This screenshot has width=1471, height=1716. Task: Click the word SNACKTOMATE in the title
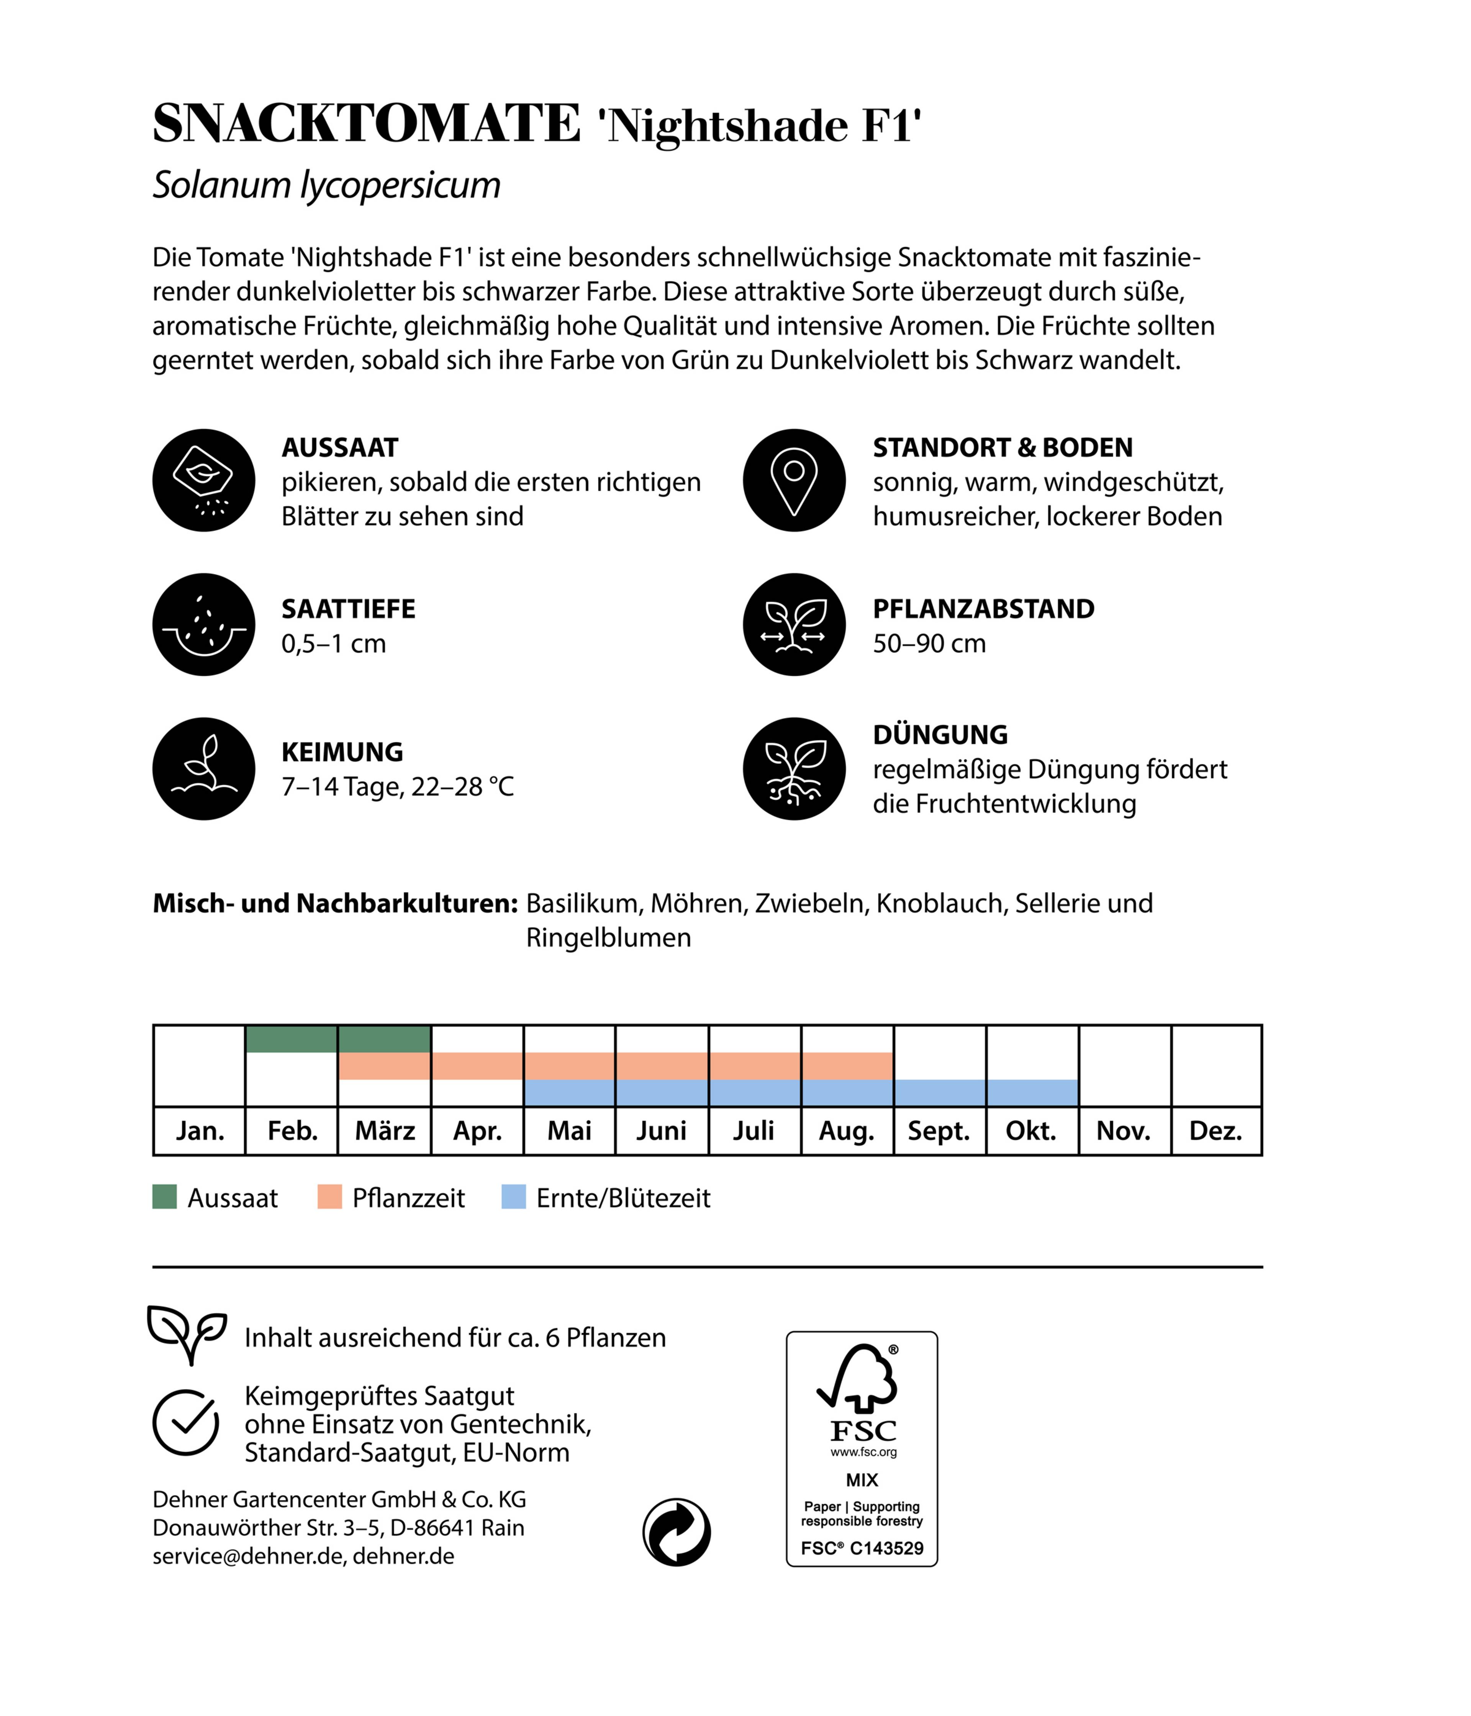click(x=366, y=124)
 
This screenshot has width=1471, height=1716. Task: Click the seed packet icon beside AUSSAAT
click(x=204, y=480)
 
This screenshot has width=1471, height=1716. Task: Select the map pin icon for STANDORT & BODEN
click(x=793, y=480)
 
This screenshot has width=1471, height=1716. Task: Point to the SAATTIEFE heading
click(x=348, y=609)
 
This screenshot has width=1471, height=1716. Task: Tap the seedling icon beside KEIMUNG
click(x=204, y=768)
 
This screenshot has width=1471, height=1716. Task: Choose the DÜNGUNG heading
click(x=940, y=735)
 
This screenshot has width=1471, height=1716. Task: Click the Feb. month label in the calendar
click(x=292, y=1131)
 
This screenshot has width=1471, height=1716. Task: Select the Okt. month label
click(x=1030, y=1131)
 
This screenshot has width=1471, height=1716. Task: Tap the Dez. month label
click(x=1215, y=1131)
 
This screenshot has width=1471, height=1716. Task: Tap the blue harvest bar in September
click(x=939, y=1092)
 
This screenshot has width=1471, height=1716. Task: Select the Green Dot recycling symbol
click(x=677, y=1532)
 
